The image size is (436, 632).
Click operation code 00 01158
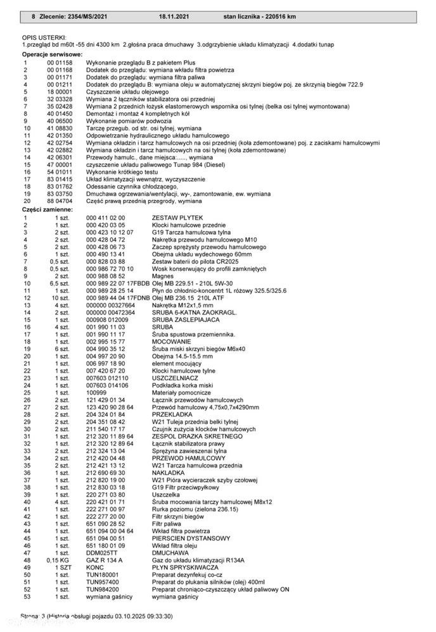pos(60,63)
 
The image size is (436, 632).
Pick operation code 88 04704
pos(60,201)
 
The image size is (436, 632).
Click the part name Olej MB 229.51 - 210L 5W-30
pos(192,283)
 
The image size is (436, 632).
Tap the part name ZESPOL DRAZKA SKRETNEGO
pos(197,436)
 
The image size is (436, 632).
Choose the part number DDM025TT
pos(101,552)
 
